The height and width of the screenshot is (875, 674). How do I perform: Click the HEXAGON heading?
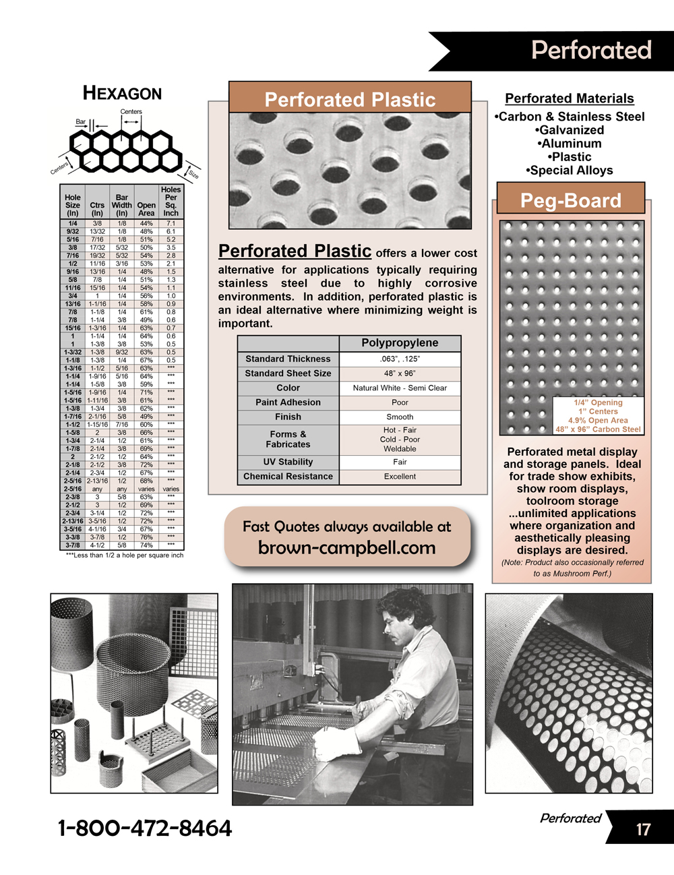[x=122, y=93]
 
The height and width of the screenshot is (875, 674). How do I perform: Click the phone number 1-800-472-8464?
[x=145, y=828]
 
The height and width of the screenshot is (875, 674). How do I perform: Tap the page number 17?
[x=643, y=829]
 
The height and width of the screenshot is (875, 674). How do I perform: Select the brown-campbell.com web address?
[x=346, y=548]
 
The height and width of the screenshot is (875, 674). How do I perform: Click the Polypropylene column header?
[x=400, y=343]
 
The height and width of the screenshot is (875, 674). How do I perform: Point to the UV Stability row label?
[x=288, y=462]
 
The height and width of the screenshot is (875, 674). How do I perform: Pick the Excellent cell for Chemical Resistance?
[x=400, y=477]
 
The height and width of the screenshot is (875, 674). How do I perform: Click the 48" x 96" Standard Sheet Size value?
[x=400, y=373]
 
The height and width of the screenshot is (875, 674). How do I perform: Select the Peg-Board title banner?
[x=571, y=200]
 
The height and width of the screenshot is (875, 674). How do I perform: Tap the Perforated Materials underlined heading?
[x=570, y=98]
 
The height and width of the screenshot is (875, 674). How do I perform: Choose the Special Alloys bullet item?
[x=570, y=171]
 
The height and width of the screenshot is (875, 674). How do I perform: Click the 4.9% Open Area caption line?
[x=598, y=420]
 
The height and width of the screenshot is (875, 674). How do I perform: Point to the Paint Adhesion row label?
[x=288, y=402]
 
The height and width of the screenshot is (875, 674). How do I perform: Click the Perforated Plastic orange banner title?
[x=350, y=100]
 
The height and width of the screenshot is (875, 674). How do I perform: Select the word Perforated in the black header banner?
[x=591, y=51]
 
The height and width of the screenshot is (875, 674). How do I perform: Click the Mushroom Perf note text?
[x=572, y=568]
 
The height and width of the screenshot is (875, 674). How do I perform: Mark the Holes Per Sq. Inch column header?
[x=171, y=201]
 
